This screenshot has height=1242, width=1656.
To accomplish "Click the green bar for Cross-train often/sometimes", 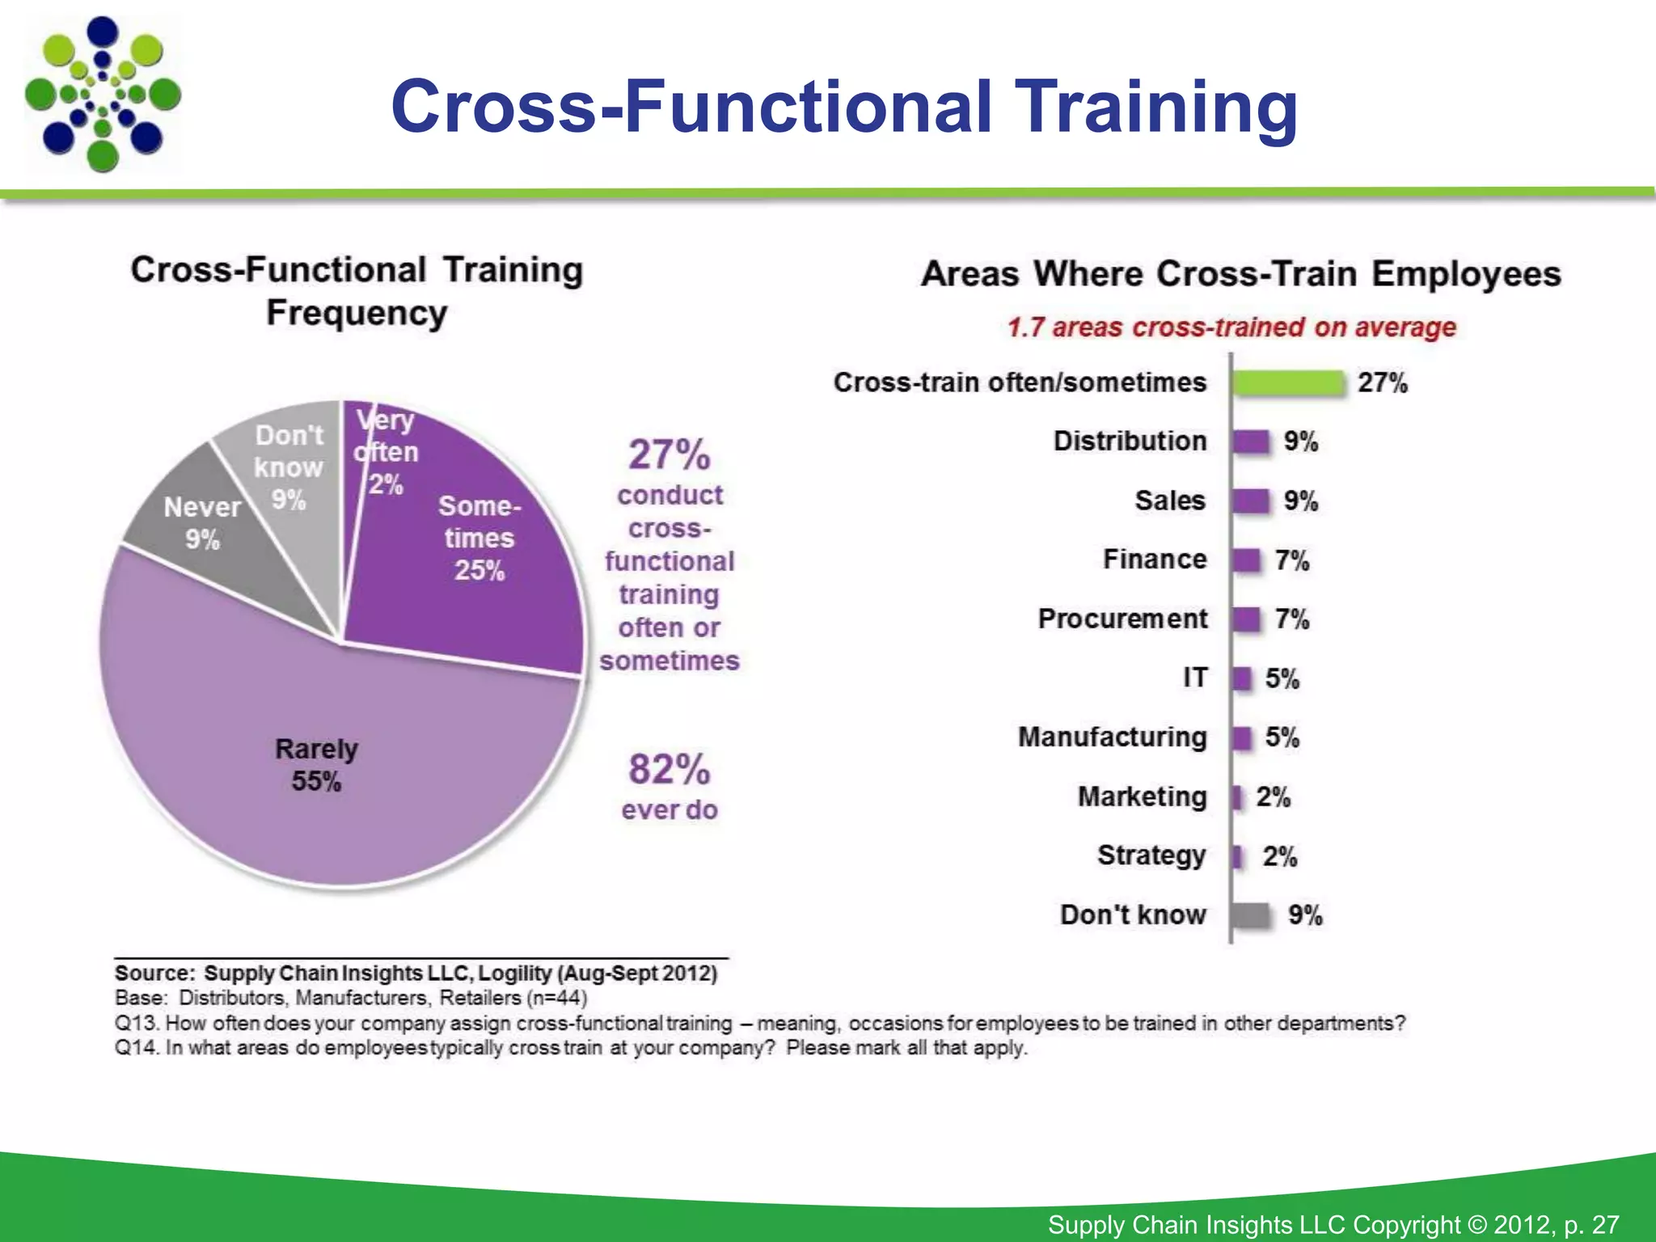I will click(x=1288, y=382).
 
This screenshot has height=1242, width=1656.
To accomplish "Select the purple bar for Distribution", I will click(x=1251, y=441).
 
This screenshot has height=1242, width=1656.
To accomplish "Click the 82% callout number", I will click(x=669, y=769).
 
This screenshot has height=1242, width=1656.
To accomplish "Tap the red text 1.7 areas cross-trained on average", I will click(x=1231, y=327).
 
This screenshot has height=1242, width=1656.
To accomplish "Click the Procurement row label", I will click(x=1122, y=619).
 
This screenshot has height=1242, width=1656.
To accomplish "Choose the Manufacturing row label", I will click(x=1112, y=737).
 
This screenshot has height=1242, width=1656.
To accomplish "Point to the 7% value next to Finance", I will click(x=1291, y=560).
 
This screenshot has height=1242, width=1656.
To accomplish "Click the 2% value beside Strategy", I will click(x=1279, y=856).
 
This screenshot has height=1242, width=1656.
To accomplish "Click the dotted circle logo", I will click(x=103, y=95).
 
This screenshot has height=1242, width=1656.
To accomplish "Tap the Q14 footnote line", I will click(x=571, y=1048).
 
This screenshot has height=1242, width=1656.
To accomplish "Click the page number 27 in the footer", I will click(x=1605, y=1224).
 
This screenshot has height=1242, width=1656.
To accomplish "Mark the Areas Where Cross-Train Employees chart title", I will click(x=1241, y=273).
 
